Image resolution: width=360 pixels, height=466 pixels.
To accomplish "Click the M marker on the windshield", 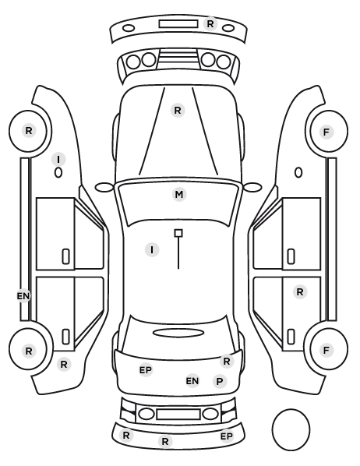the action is [179, 195].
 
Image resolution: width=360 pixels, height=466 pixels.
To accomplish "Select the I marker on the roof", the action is [152, 249].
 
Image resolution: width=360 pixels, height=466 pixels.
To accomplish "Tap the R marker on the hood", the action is [178, 111].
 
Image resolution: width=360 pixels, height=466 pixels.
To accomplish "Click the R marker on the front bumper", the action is [210, 24].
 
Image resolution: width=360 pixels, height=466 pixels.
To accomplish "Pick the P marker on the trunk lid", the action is [220, 381].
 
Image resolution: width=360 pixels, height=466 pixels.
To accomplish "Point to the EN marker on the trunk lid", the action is [192, 381].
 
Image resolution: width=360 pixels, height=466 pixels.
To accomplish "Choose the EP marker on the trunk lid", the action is [146, 370].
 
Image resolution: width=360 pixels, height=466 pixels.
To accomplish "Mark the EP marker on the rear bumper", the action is [227, 436].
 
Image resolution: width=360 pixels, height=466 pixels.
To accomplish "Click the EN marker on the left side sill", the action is [23, 296].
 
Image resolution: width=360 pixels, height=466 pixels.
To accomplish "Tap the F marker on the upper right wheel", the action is [326, 132].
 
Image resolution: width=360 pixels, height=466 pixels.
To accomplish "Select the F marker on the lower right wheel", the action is [326, 351].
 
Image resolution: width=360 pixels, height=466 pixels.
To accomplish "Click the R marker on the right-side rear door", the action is [300, 292].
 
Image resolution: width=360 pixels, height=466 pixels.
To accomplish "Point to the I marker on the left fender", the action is [58, 159].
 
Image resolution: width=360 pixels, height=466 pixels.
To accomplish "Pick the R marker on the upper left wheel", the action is [29, 131].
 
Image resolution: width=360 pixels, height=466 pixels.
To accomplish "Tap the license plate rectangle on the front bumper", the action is [178, 24].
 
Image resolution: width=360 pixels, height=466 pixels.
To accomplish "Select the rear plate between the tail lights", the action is [178, 414].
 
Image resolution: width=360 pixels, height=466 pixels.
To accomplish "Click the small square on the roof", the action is [178, 233].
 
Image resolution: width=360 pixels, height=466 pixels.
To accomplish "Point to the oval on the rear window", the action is [178, 333].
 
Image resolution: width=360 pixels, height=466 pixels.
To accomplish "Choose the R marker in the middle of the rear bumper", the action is [165, 441].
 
